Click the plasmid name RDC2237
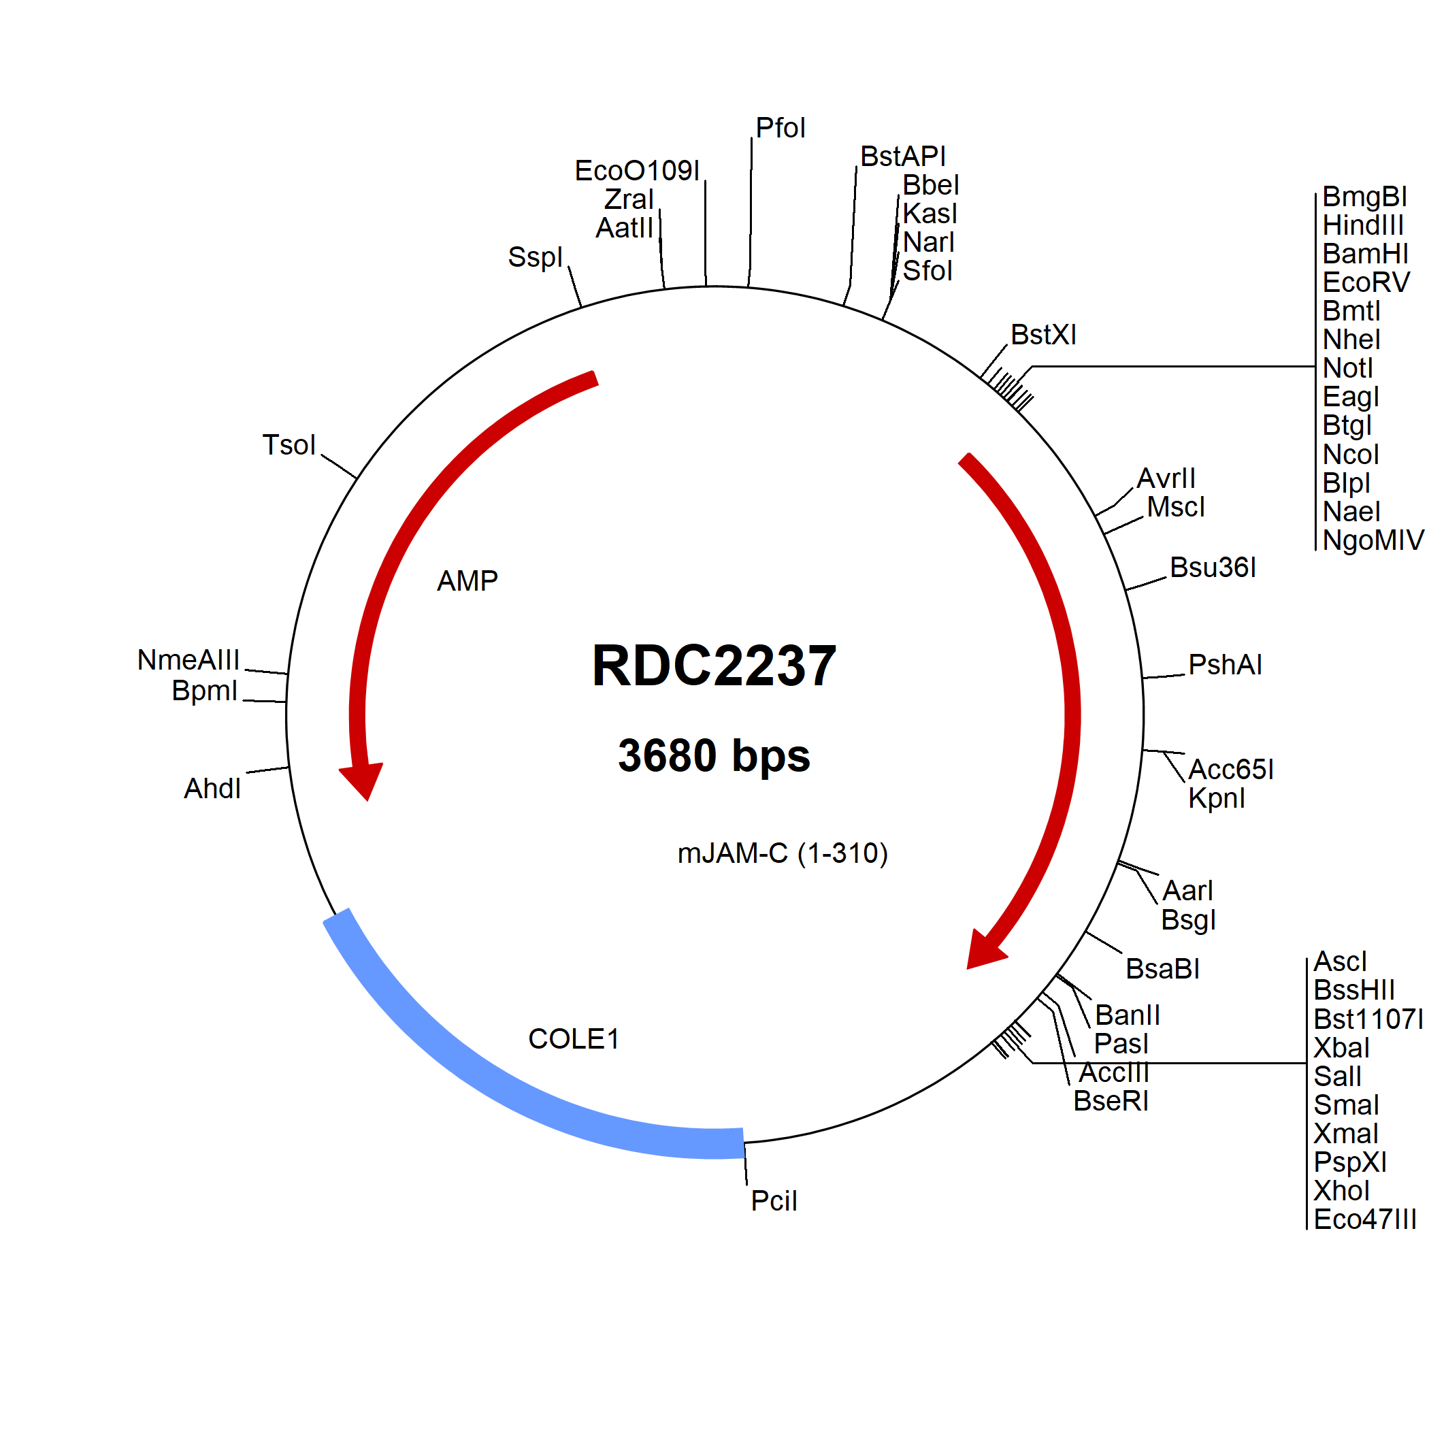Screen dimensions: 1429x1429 [714, 666]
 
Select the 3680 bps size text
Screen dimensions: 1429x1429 [714, 755]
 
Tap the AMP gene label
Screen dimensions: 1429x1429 [467, 580]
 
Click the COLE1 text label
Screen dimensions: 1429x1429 [573, 1038]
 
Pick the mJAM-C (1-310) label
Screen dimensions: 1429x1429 [783, 853]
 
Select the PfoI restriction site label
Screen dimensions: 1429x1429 [781, 128]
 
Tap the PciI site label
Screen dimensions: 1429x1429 [774, 1201]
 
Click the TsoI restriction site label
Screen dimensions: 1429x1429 [289, 444]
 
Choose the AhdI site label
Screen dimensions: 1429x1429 [212, 789]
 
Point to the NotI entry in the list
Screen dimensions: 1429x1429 [1347, 368]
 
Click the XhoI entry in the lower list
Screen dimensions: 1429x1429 [1341, 1191]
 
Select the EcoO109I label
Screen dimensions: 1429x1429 [637, 171]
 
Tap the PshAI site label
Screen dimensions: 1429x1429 [1225, 665]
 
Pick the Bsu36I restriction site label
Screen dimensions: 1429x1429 [1213, 568]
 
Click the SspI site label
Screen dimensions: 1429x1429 [535, 257]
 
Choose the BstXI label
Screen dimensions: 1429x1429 [1044, 335]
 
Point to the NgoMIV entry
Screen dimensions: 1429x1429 [1373, 540]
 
